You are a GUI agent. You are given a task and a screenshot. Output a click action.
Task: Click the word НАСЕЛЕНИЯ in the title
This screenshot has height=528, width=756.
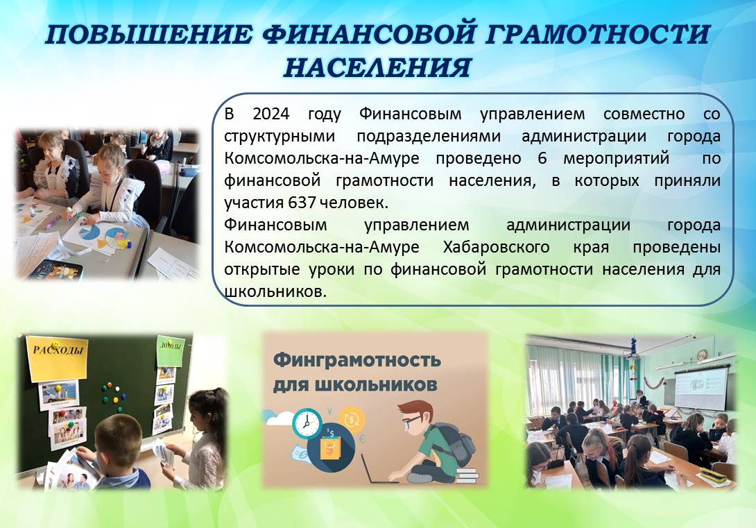click(377, 67)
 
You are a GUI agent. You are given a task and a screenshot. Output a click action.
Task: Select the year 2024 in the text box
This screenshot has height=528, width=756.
click(271, 114)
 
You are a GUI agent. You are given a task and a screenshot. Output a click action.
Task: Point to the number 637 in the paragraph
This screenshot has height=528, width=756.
click(302, 203)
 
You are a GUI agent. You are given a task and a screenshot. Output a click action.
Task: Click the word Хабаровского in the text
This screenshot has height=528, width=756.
click(496, 248)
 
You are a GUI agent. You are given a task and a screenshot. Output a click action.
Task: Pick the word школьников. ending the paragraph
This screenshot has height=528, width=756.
click(275, 291)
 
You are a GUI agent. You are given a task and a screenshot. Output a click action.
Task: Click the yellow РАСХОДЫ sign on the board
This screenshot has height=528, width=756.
click(58, 357)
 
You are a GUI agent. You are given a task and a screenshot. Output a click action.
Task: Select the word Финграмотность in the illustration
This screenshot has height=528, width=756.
click(356, 361)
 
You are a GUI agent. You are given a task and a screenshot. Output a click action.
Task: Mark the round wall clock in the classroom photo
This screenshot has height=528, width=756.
click(701, 355)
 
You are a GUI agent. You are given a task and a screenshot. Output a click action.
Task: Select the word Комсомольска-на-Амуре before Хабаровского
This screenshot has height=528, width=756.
click(322, 248)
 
